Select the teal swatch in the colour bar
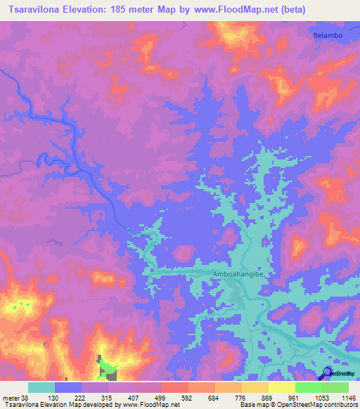41,387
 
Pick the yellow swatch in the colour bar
281,387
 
